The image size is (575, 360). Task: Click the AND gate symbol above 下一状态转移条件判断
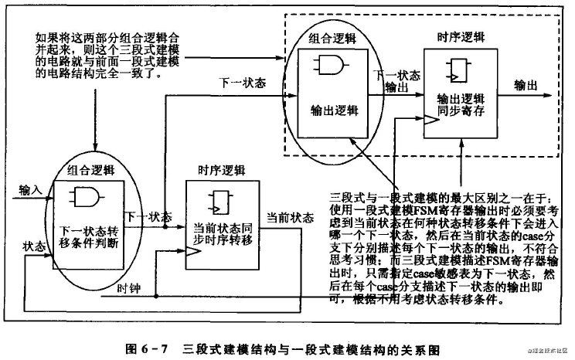coord(83,198)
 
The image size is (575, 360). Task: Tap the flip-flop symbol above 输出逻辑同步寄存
coord(455,72)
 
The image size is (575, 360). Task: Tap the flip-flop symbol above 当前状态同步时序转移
coord(218,202)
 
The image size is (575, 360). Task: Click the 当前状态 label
coord(287,217)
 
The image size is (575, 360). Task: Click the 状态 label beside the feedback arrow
coord(36,246)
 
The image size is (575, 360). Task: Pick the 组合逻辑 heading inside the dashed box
coord(332,38)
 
